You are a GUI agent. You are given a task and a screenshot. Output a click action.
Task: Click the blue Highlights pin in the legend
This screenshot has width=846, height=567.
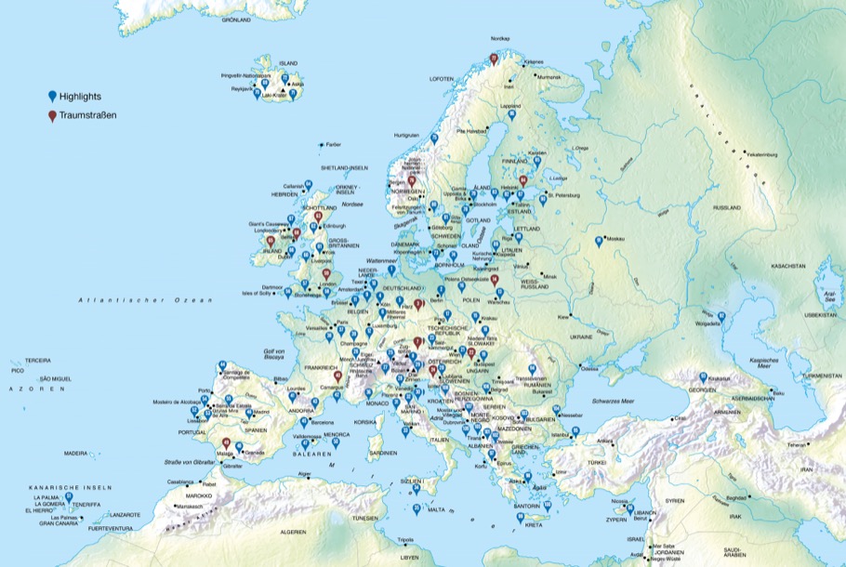[x=52, y=96]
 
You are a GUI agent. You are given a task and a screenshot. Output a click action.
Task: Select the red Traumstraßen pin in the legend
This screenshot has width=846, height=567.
[x=52, y=116]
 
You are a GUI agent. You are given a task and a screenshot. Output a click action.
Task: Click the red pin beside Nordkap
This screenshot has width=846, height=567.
[x=494, y=59]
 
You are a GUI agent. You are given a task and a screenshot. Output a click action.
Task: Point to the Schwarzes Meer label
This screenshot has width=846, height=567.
[x=614, y=399]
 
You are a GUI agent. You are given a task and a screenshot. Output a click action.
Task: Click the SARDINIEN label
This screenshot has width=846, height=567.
[x=381, y=453]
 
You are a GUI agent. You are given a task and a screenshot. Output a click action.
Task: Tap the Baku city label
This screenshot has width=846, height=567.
[x=778, y=394]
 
